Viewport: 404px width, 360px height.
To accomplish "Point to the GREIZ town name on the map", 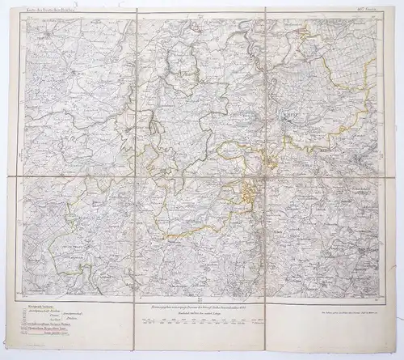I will click(288, 116).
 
